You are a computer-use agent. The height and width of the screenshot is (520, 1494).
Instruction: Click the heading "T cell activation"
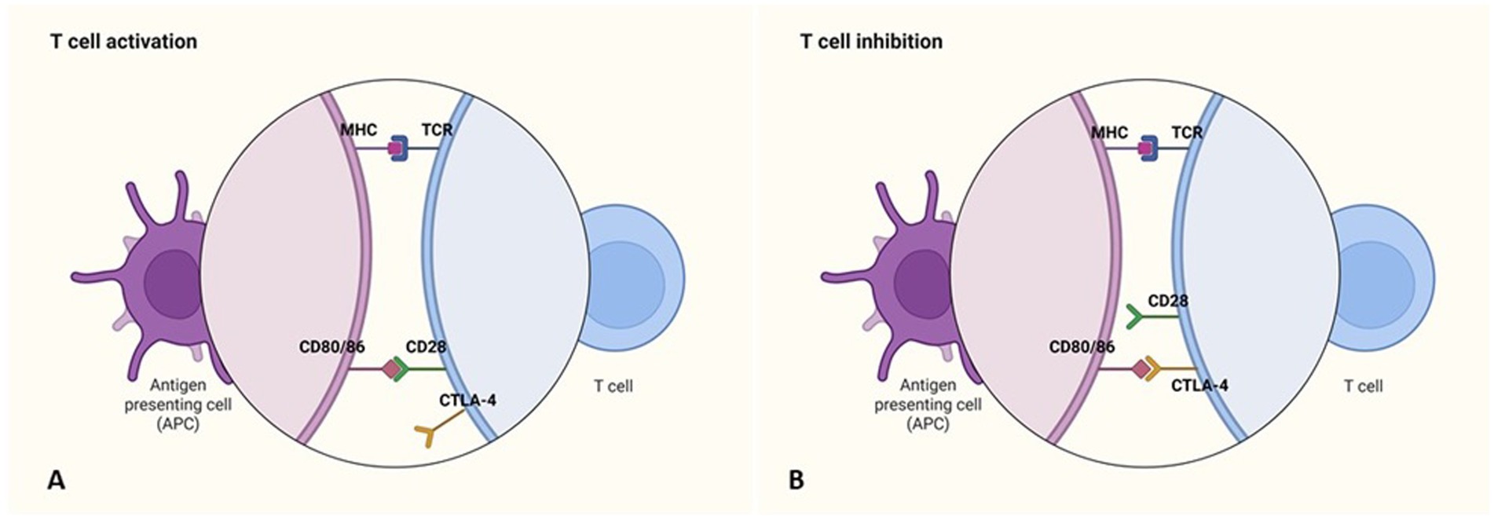click(123, 42)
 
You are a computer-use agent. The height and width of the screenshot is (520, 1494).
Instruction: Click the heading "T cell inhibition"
click(871, 42)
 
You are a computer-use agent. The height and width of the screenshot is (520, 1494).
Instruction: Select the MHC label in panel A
click(358, 130)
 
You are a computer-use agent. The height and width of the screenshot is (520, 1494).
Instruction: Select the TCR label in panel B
click(1187, 133)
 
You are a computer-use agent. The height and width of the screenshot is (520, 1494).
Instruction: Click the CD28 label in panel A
click(426, 347)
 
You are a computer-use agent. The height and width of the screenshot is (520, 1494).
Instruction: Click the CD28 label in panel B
click(1168, 301)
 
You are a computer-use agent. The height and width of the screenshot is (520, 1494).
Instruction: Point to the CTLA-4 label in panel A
click(467, 401)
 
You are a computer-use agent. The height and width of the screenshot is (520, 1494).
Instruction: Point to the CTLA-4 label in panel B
click(1199, 386)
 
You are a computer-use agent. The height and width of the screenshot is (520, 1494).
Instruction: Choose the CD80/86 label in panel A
click(331, 347)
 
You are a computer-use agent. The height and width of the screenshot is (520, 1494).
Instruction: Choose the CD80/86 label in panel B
click(1082, 347)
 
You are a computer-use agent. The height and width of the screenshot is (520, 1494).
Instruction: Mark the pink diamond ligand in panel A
click(390, 368)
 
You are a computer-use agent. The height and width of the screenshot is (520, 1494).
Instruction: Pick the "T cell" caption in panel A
click(613, 386)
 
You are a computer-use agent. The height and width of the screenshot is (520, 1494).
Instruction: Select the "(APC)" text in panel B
click(928, 424)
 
